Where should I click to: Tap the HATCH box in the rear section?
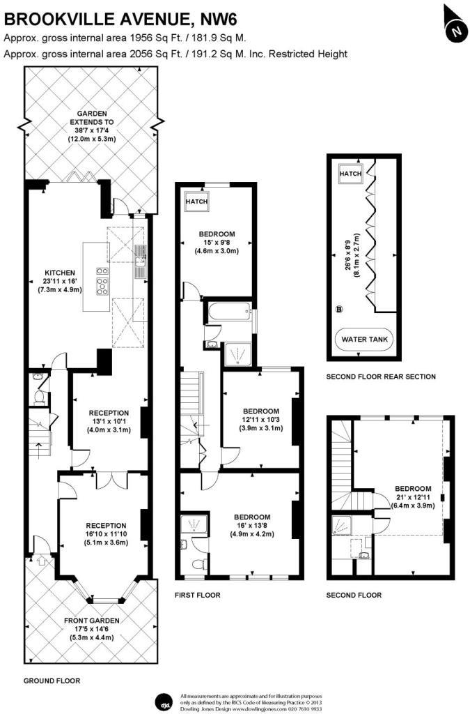pyautogui.click(x=350, y=174)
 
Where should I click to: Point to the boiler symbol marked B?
pyautogui.click(x=339, y=309)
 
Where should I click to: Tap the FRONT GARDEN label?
pyautogui.click(x=92, y=621)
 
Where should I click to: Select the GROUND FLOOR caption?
pyautogui.click(x=52, y=681)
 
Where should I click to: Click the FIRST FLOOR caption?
pyautogui.click(x=198, y=595)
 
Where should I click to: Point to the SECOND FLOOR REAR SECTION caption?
pyautogui.click(x=381, y=377)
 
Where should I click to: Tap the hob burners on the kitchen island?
pyautogui.click(x=102, y=278)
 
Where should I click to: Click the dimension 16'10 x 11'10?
pyautogui.click(x=106, y=535)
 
